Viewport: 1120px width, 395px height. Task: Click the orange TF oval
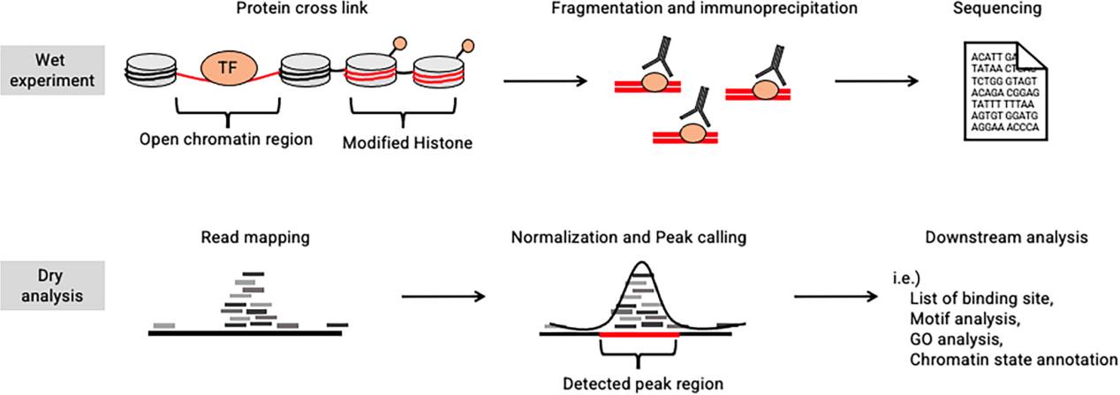coord(229,67)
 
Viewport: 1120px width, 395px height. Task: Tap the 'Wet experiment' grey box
coord(52,70)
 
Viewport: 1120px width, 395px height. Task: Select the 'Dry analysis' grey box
coord(52,285)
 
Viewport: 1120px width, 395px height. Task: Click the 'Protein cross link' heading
coord(302,9)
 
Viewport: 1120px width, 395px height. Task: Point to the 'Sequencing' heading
coord(997,9)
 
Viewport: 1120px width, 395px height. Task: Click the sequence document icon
coord(1005,91)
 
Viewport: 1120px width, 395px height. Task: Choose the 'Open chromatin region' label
coord(226,139)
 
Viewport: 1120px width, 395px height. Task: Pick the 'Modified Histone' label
coord(407,143)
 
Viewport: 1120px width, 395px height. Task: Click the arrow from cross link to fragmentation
coord(545,80)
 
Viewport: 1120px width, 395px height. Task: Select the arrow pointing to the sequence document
coord(876,80)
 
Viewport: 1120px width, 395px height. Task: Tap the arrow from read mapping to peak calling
coord(443,297)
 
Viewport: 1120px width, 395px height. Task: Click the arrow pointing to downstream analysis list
coord(836,297)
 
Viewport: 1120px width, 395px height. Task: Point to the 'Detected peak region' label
coord(643,384)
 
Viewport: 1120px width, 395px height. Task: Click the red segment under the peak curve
coord(639,334)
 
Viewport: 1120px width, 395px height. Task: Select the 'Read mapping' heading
coord(255,237)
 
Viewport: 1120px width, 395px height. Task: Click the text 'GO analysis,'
coord(957,339)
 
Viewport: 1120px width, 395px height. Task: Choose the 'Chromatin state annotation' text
coord(1013,360)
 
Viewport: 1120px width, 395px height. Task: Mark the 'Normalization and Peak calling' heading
coord(629,237)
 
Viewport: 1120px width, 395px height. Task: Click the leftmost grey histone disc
coord(151,71)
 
